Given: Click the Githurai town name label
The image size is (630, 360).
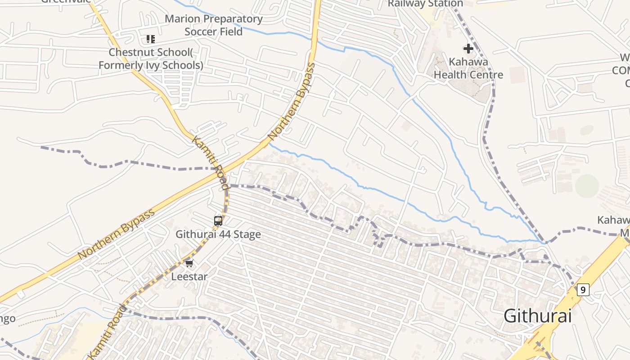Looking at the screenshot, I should (x=537, y=316).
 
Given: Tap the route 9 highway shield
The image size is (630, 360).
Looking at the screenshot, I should (x=583, y=290).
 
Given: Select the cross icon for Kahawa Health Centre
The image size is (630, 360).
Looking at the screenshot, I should (x=468, y=48).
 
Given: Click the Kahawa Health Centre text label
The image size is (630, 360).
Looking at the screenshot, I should (x=468, y=68).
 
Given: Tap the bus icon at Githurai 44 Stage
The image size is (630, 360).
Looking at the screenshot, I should (x=218, y=221).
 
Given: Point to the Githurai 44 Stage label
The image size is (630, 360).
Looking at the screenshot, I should (x=218, y=234).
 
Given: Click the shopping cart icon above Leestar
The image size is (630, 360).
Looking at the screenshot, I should (x=189, y=263).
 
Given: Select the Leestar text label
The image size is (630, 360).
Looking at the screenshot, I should (x=189, y=277).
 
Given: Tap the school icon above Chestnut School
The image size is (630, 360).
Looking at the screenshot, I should (x=150, y=39).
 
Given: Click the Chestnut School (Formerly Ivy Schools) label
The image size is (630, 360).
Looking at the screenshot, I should (x=151, y=59).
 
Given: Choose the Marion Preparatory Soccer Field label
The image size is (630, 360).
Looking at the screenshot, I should (x=213, y=25).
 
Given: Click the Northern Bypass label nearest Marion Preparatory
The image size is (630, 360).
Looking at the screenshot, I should (x=292, y=102).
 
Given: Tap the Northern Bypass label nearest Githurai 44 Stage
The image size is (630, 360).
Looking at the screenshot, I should (x=116, y=234).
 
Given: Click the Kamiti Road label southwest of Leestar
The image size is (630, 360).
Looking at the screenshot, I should (x=108, y=331).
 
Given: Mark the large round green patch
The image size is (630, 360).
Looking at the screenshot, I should (x=587, y=185).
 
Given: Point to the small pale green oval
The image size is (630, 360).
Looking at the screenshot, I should (x=586, y=130).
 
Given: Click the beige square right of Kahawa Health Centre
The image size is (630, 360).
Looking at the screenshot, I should (x=517, y=75).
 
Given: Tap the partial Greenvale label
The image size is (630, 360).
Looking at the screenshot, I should (x=65, y=1).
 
